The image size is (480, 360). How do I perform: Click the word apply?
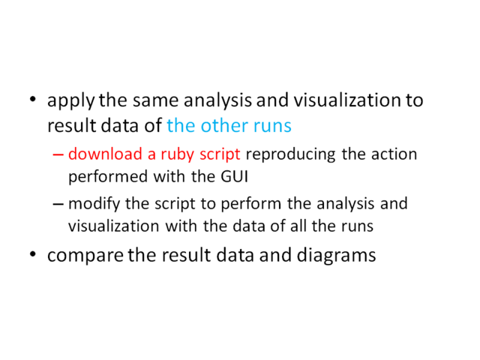(x=71, y=101)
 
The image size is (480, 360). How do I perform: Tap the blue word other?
(x=224, y=125)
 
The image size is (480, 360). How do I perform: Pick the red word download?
(x=105, y=154)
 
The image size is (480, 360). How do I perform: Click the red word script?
(x=220, y=154)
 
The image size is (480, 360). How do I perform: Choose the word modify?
(x=94, y=205)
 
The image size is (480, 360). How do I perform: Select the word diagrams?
(x=336, y=256)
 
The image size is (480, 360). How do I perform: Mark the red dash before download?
(x=58, y=154)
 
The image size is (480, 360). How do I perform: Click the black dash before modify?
(x=58, y=204)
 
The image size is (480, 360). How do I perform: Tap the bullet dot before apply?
(x=33, y=99)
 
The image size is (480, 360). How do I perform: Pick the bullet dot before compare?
(x=33, y=253)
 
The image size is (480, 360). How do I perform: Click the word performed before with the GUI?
(x=108, y=177)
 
